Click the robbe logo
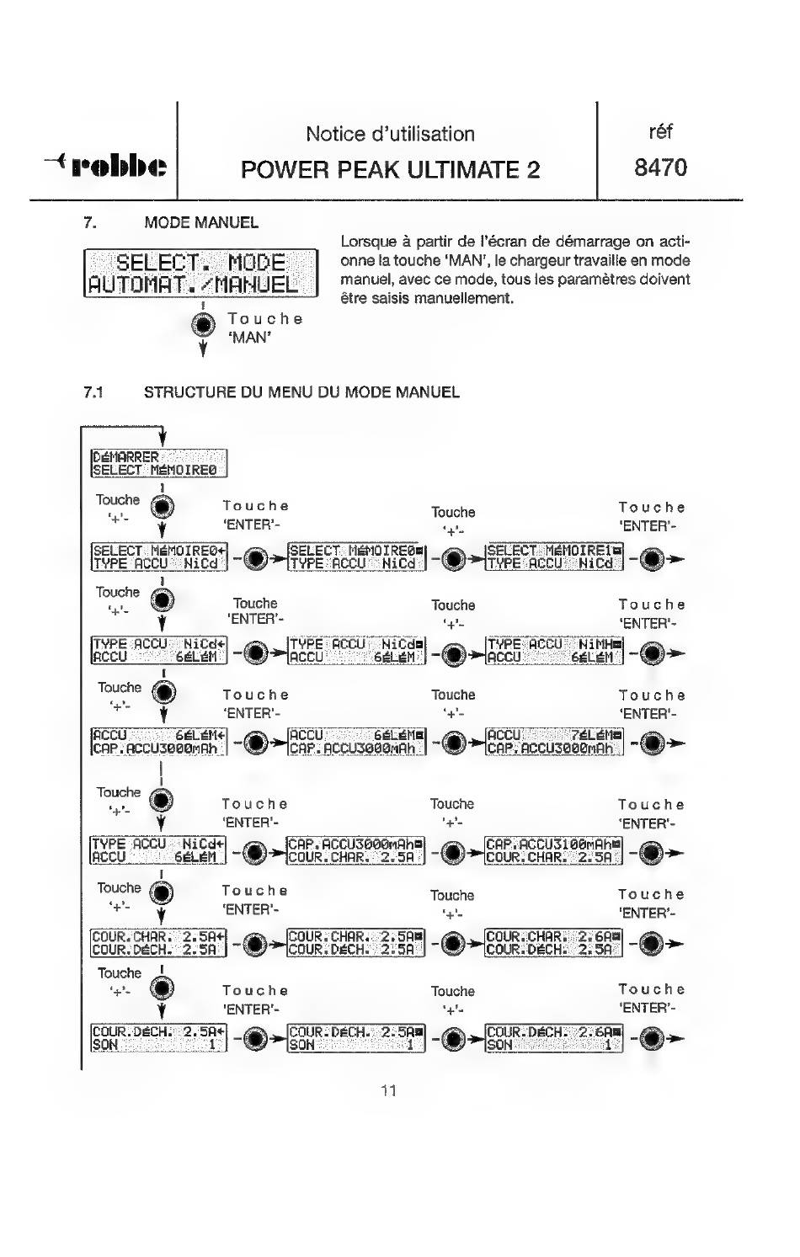(107, 165)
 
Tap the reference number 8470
(660, 168)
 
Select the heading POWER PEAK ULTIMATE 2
(390, 169)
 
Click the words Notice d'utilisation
(390, 134)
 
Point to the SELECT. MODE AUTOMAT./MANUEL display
(201, 273)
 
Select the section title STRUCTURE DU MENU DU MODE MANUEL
(301, 392)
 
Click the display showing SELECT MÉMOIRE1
(554, 557)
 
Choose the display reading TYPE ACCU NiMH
(554, 651)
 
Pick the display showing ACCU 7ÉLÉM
(554, 741)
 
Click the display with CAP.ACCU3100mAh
(554, 850)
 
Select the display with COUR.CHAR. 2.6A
(554, 942)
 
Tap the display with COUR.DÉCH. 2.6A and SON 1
(554, 1037)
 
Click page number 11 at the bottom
(388, 1091)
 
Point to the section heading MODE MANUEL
(201, 223)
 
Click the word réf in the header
(660, 132)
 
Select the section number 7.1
(93, 392)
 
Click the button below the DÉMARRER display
(161, 507)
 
